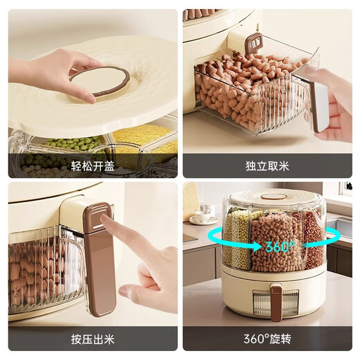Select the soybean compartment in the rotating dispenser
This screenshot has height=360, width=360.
click(276, 239)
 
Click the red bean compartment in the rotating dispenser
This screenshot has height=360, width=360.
click(314, 239)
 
